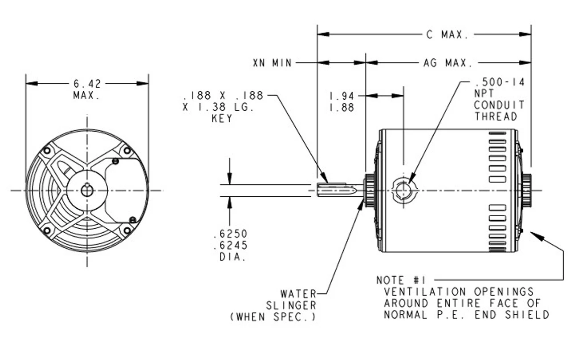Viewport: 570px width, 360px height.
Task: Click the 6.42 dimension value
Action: (87, 84)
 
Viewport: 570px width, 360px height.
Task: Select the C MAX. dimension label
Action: (448, 35)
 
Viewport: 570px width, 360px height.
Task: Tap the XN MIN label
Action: (272, 63)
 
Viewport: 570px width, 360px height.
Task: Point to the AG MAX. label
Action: (447, 63)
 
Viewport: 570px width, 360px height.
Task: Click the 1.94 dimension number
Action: (342, 96)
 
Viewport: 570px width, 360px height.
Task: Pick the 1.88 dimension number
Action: (342, 108)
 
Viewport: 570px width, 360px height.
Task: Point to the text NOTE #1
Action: (401, 280)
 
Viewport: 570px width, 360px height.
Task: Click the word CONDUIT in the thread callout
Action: (499, 105)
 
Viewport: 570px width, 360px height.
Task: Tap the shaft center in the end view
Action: (87, 190)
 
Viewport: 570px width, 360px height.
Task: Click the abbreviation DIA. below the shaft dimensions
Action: (232, 257)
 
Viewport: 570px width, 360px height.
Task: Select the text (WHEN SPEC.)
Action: (273, 317)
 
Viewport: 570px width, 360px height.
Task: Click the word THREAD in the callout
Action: (496, 117)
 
